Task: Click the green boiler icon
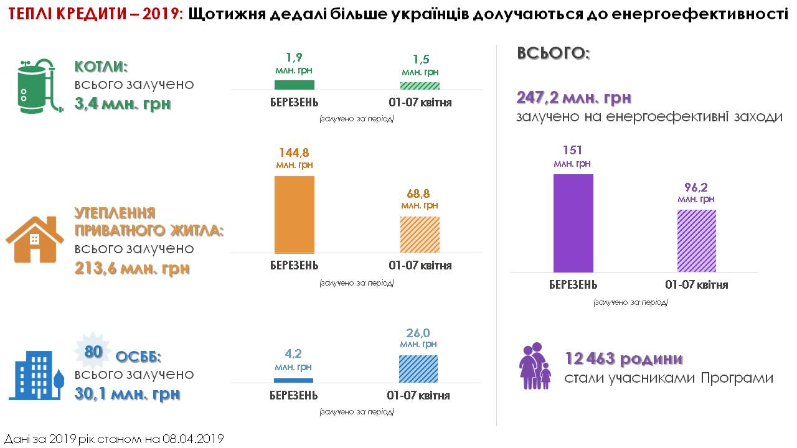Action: (x=36, y=87)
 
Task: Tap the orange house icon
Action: (x=35, y=239)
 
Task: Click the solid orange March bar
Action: (x=295, y=214)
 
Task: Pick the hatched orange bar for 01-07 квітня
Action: (x=420, y=234)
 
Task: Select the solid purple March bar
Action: (x=573, y=223)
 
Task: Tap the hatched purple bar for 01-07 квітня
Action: (x=696, y=240)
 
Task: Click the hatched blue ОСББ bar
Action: (x=418, y=368)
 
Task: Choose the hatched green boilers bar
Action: (x=420, y=86)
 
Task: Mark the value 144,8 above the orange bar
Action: (x=295, y=152)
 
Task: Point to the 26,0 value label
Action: (x=418, y=333)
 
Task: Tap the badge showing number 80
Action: (x=93, y=352)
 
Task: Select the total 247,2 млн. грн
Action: (x=573, y=98)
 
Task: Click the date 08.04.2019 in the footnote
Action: (x=192, y=439)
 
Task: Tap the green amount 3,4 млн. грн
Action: (x=122, y=103)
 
